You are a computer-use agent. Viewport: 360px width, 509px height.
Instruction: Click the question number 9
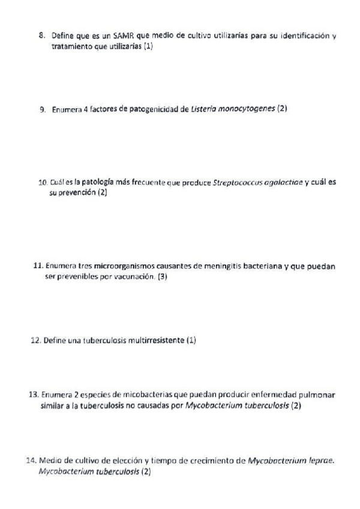point(43,109)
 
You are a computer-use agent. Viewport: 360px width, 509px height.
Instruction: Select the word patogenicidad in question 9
point(154,109)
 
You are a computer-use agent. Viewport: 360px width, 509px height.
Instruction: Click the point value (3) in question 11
point(162,277)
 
